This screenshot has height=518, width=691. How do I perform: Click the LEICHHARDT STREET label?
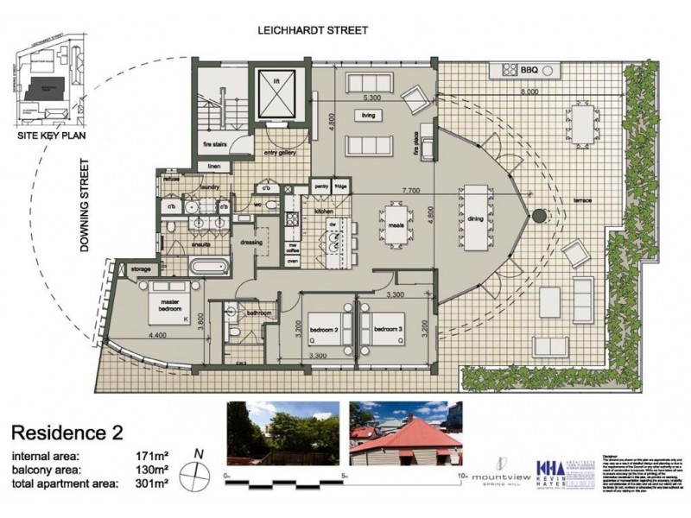(x=314, y=30)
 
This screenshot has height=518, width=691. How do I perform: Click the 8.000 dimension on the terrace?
(x=529, y=92)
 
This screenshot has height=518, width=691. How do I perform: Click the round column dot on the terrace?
(x=537, y=215)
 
